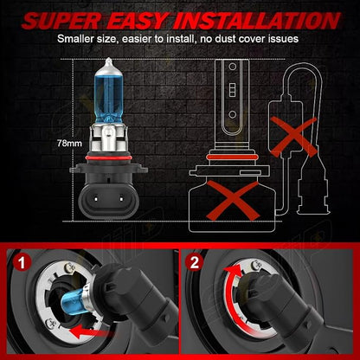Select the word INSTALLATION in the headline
tap(257, 20)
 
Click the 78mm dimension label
tap(69, 144)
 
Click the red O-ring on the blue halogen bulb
tap(108, 158)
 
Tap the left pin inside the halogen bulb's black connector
tap(95, 198)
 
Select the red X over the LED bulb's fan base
tap(232, 200)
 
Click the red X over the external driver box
tap(293, 138)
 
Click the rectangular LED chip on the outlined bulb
tap(233, 90)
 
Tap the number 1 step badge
tap(22, 263)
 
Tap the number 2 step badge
tap(195, 262)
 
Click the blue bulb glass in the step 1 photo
tap(72, 301)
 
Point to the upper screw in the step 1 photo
tap(68, 267)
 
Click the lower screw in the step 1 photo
tap(50, 322)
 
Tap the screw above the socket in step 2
tap(254, 265)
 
